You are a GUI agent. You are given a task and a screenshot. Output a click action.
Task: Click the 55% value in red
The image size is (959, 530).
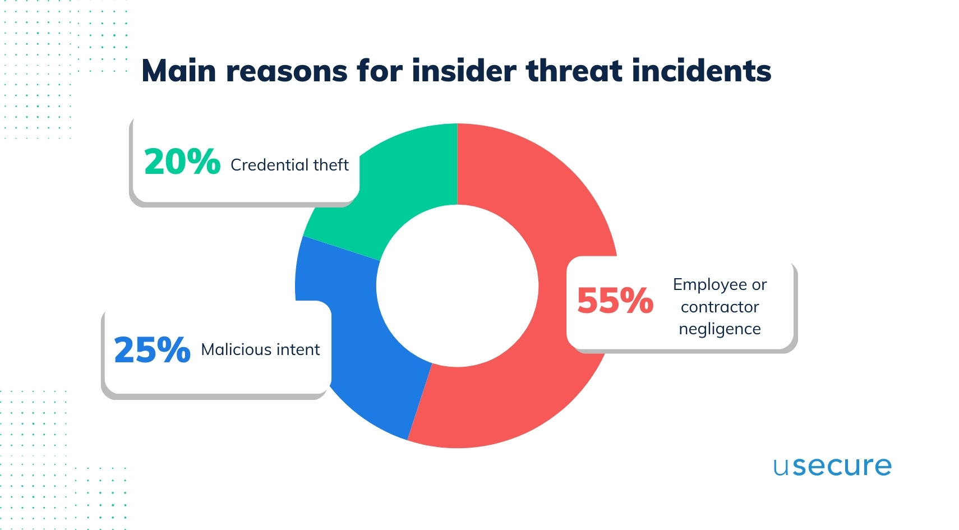pyautogui.click(x=615, y=301)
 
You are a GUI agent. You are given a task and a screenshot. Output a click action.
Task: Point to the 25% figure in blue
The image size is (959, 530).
pyautogui.click(x=152, y=350)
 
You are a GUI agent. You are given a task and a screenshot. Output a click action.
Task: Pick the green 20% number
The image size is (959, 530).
pyautogui.click(x=182, y=162)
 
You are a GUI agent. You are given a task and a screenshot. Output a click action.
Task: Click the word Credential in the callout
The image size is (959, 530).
pyautogui.click(x=269, y=165)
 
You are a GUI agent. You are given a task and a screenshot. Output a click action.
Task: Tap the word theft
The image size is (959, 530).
pyautogui.click(x=331, y=165)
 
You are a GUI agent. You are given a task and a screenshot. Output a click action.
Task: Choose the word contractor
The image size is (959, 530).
pyautogui.click(x=720, y=307)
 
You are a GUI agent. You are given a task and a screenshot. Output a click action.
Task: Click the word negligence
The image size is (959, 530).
pyautogui.click(x=720, y=329)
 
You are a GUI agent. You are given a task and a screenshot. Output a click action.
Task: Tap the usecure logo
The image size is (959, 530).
pyautogui.click(x=832, y=467)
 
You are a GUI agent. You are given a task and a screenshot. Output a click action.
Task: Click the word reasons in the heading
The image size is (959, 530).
pyautogui.click(x=287, y=71)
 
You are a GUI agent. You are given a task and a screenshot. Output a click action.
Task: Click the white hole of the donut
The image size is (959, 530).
pyautogui.click(x=457, y=286)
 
